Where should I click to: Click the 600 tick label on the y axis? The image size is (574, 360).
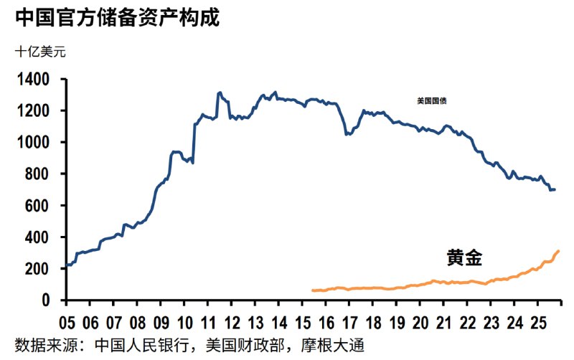(x=40, y=206)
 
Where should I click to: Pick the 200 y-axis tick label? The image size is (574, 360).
(x=40, y=269)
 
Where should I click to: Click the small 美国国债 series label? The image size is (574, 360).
(x=432, y=101)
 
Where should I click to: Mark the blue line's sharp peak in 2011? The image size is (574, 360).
(x=219, y=93)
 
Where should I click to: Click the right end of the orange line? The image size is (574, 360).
(x=558, y=251)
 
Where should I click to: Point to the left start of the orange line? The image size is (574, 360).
(x=313, y=290)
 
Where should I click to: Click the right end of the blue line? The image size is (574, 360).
(x=555, y=189)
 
